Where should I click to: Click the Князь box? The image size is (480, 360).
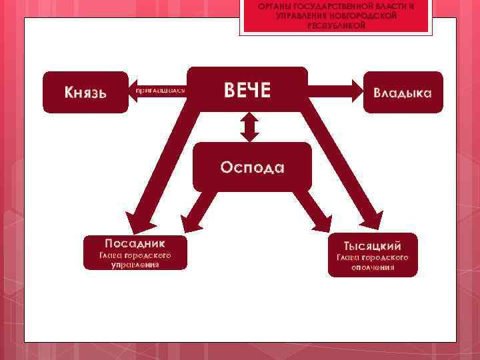point(85,92)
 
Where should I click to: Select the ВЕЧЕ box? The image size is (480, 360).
point(247,91)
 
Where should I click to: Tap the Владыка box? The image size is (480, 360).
point(402,92)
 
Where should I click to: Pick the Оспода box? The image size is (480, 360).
point(252,167)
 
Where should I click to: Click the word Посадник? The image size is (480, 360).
point(135,243)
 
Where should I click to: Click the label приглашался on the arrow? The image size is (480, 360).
point(160,89)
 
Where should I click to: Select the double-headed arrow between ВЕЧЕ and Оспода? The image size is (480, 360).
point(249,127)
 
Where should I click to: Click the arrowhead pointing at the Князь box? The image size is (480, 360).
point(134,89)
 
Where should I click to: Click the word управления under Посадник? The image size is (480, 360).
point(135,265)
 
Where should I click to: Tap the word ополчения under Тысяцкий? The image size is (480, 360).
point(373,267)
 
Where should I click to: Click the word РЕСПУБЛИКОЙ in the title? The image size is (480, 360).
point(336,25)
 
